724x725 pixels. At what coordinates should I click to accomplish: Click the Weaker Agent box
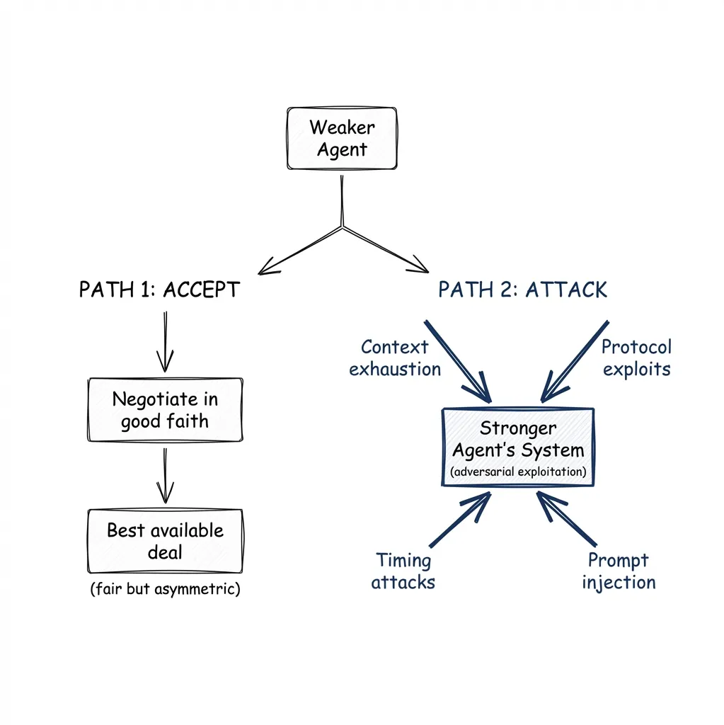(342, 138)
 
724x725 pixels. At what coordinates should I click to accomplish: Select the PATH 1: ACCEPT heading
(159, 290)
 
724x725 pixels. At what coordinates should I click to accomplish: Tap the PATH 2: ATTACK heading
(522, 290)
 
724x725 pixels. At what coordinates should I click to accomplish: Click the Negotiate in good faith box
(164, 410)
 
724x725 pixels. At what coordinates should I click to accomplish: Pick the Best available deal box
(165, 540)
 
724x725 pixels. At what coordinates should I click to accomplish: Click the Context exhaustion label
(394, 358)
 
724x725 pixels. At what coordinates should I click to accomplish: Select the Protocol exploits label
(636, 358)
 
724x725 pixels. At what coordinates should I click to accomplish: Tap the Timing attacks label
(403, 571)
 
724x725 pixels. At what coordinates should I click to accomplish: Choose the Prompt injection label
(619, 571)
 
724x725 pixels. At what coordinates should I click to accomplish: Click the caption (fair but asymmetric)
(165, 589)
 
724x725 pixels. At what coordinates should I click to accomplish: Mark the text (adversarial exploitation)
(518, 472)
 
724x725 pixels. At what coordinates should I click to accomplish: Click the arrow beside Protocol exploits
(575, 361)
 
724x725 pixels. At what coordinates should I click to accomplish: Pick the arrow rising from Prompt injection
(566, 520)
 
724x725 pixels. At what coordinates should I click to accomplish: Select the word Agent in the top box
(342, 150)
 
